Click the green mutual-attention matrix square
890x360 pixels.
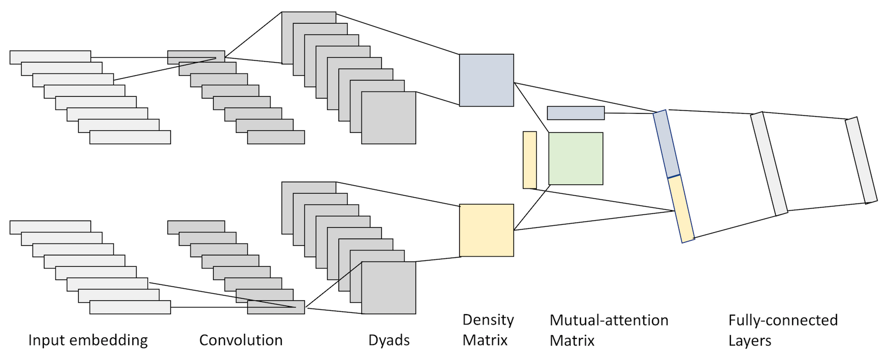point(576,159)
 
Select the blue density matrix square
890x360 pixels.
point(487,80)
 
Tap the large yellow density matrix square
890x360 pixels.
point(487,230)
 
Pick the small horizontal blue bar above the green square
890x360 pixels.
point(576,113)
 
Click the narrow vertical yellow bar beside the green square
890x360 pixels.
point(530,160)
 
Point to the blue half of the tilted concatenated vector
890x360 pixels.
point(667,144)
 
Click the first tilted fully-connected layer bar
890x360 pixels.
point(769,163)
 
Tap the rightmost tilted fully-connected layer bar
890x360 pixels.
point(861,160)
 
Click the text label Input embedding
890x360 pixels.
point(88,340)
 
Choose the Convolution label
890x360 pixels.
point(241,340)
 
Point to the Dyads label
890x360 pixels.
point(389,340)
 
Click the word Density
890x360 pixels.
point(488,320)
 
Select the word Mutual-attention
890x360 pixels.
point(609,320)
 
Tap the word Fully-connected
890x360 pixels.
point(783,320)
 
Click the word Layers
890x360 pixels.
point(750,340)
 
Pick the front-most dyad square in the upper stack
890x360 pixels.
point(389,118)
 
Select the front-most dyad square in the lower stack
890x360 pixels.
point(389,288)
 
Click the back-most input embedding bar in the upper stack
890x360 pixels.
point(50,57)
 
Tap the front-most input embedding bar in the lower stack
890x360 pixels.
point(130,307)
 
